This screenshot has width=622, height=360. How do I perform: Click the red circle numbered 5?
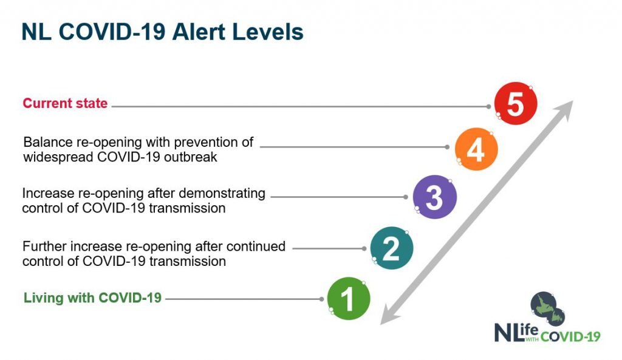(x=516, y=103)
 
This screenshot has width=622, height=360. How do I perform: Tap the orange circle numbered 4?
(x=476, y=149)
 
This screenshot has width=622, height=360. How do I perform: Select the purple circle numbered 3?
(x=435, y=197)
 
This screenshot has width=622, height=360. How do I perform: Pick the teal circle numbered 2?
(x=392, y=248)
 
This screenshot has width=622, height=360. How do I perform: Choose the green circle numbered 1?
(x=349, y=299)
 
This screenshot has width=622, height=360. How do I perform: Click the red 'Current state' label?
(x=65, y=103)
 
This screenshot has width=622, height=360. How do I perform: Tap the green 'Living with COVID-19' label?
(x=92, y=297)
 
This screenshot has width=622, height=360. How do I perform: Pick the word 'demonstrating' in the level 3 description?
(x=222, y=194)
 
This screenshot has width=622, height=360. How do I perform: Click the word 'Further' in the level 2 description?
(x=44, y=246)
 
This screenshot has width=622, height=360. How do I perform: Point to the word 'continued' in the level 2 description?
(x=256, y=246)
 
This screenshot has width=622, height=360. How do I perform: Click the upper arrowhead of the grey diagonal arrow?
(x=564, y=110)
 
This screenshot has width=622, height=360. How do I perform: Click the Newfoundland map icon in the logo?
(x=548, y=309)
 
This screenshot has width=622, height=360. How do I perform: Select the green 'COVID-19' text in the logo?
(x=570, y=336)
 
